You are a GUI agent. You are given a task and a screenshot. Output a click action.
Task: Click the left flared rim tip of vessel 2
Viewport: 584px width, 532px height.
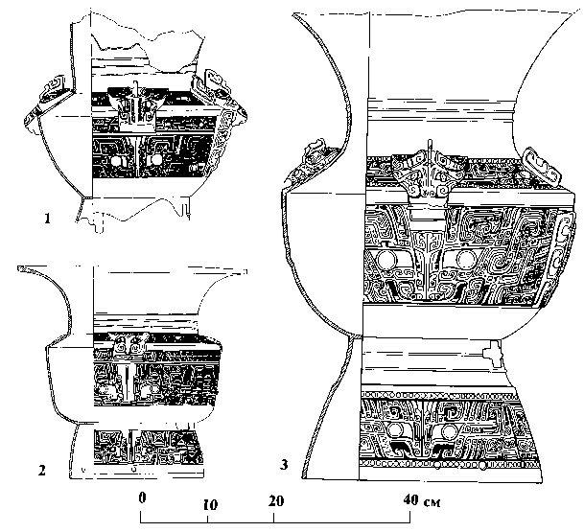pos(21,272)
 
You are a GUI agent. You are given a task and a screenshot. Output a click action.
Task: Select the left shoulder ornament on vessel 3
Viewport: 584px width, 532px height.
pos(309,157)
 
